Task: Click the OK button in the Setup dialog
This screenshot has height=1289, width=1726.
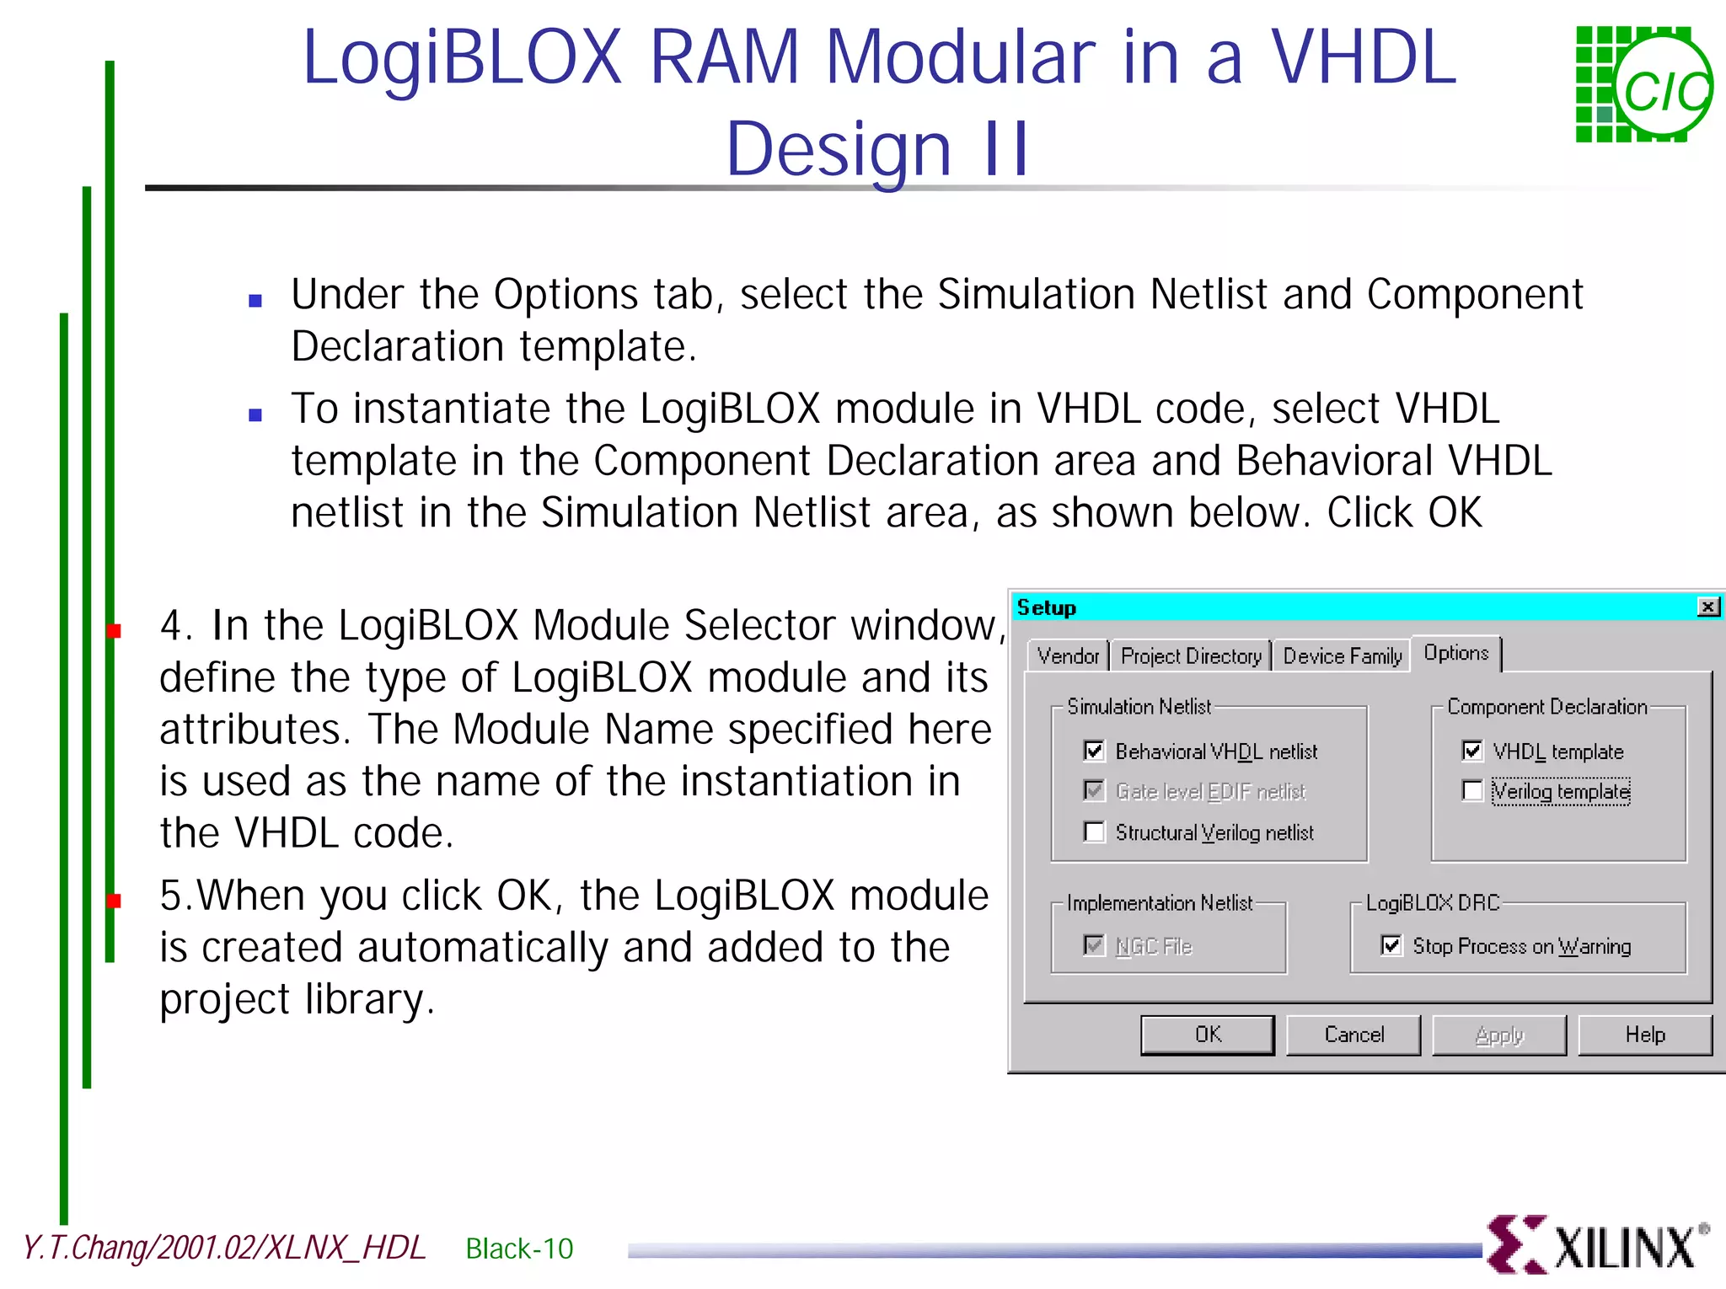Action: tap(1207, 1035)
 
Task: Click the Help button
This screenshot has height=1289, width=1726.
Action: tap(1644, 1035)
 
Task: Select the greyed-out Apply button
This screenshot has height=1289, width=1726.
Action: tap(1498, 1035)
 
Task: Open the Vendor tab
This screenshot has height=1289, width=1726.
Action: tap(1068, 656)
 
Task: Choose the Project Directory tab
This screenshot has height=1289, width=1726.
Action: tap(1190, 656)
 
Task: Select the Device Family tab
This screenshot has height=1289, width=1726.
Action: tap(1342, 656)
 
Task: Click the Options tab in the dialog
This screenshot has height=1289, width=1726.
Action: tap(1455, 653)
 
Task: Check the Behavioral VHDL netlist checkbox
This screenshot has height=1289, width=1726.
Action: tap(1094, 751)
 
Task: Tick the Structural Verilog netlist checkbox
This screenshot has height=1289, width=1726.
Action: tap(1094, 832)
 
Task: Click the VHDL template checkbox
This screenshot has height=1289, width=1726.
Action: tap(1472, 751)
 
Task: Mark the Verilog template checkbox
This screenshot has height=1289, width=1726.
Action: tap(1472, 791)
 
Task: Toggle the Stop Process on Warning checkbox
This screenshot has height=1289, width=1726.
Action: tap(1391, 946)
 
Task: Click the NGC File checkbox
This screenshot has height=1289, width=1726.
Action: tap(1094, 946)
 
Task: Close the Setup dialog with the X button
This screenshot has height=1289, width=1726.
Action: tap(1707, 607)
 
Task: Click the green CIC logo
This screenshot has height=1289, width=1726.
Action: tap(1643, 84)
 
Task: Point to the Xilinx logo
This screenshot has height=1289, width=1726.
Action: tap(1597, 1245)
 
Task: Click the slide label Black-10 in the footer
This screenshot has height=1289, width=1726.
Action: tap(519, 1249)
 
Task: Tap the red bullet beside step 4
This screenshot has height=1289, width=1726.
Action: tap(115, 630)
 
